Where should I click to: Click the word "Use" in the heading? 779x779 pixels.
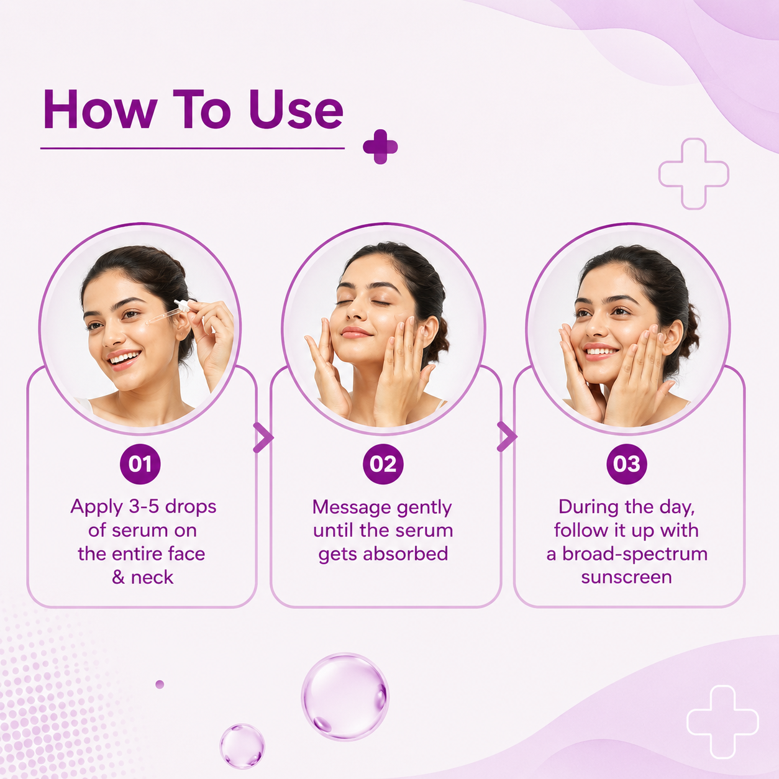coord(296,109)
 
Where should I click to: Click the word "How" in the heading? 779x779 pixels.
coord(100,109)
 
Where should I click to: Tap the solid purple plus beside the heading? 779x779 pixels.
coord(380,147)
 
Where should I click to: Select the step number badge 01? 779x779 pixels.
coord(140,463)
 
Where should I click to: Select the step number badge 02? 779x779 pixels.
coord(383,463)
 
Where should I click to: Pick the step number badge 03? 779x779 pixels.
coord(627,463)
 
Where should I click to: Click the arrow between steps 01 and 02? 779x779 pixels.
coord(263,437)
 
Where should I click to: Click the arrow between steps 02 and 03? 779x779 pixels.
coord(507,436)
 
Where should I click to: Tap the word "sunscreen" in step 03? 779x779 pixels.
coord(627,577)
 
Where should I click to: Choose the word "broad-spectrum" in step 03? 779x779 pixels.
coord(635,555)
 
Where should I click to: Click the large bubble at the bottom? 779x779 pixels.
coord(345,696)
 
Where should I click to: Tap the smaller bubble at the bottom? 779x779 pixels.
coord(242,746)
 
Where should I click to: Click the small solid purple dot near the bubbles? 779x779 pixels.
coord(160,685)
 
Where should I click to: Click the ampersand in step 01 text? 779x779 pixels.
coord(118,577)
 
